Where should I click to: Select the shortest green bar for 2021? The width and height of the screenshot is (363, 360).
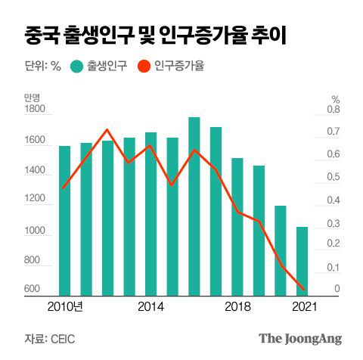tap(302, 262)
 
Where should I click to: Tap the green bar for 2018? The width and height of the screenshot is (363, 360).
tap(237, 227)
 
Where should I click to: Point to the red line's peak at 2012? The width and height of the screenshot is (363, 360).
tap(107, 130)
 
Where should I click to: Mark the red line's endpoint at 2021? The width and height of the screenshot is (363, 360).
tap(303, 289)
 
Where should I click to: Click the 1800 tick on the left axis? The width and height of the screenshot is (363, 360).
tap(34, 110)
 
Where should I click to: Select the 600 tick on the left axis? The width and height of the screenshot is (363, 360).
tap(32, 290)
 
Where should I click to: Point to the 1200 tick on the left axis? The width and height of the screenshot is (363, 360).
tap(34, 200)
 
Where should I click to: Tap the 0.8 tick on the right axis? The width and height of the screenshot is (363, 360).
tap(334, 110)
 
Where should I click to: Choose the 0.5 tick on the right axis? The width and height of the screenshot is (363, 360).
tap(334, 178)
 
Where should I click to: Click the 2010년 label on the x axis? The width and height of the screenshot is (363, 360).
tap(65, 306)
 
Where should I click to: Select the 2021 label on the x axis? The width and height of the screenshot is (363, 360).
tap(302, 306)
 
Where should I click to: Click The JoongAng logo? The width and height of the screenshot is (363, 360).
tap(300, 338)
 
